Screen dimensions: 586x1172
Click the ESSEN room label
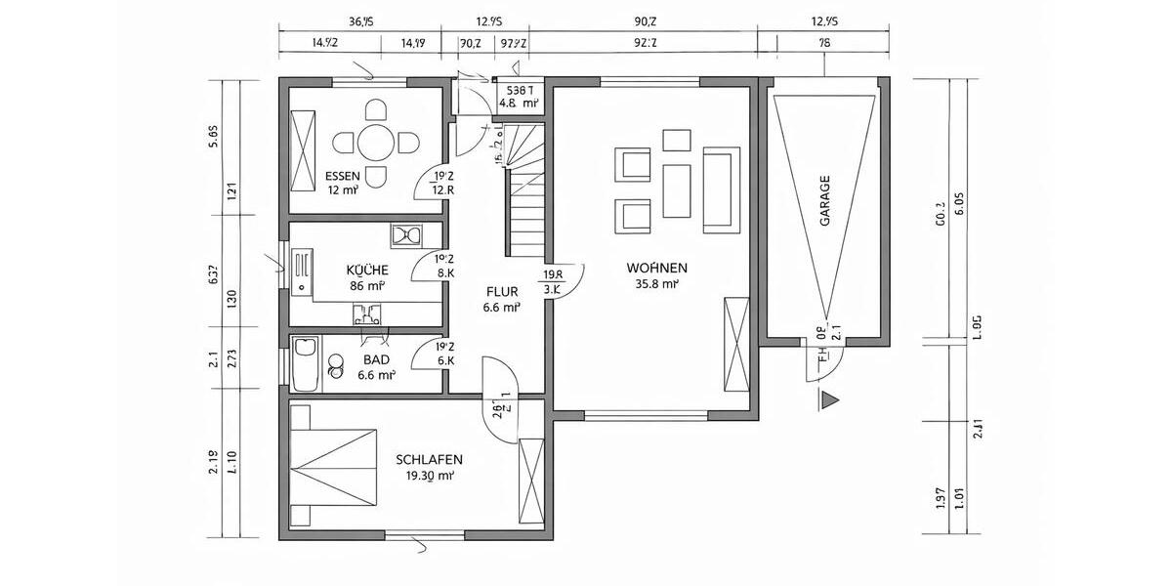[x=343, y=177]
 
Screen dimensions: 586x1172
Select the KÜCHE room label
[x=367, y=270]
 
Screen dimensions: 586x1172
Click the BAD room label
[x=376, y=359]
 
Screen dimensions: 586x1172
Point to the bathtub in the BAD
[x=306, y=363]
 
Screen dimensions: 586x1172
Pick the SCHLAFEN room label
[x=429, y=459]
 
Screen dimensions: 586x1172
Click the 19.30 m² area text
[x=429, y=476]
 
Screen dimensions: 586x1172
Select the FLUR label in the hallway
[x=501, y=290]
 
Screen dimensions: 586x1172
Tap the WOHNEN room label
[x=657, y=268]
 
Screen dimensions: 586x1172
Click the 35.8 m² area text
[x=657, y=284]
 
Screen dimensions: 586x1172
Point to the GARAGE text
[x=825, y=201]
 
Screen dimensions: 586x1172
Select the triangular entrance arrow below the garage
[x=830, y=398]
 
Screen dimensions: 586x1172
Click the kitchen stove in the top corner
[x=404, y=234]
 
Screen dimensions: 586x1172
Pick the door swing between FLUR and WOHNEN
[x=566, y=283]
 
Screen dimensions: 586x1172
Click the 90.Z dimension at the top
[x=645, y=21]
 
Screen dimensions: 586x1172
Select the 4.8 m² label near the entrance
[x=519, y=102]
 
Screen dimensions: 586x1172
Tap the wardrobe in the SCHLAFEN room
[x=532, y=482]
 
